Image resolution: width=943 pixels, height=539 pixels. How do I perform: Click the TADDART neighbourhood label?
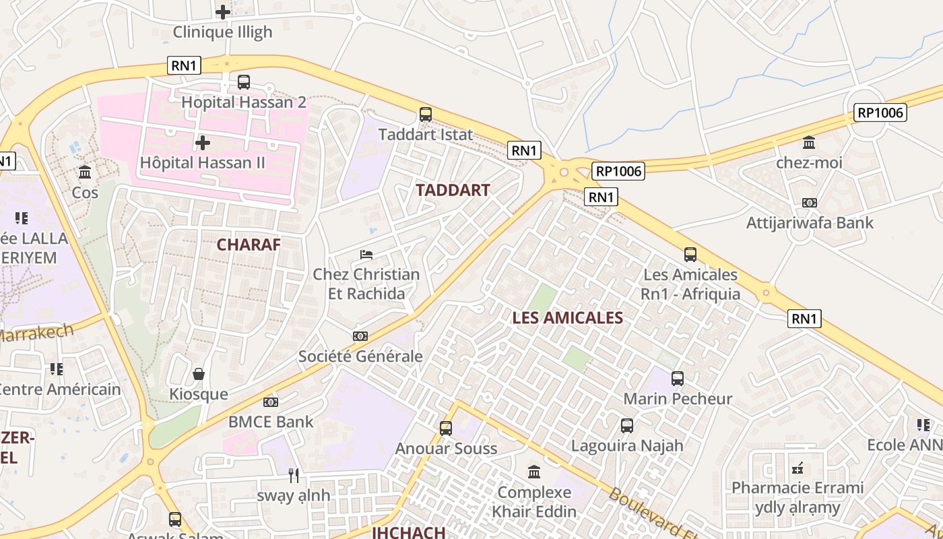[x=453, y=190]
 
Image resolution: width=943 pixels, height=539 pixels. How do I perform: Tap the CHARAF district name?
[x=248, y=245]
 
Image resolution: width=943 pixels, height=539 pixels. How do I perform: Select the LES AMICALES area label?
[x=567, y=318]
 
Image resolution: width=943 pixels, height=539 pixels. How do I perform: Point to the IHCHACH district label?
[x=409, y=532]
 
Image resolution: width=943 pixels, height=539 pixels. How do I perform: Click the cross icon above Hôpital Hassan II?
[x=202, y=143]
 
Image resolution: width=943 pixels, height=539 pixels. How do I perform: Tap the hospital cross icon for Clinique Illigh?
[x=222, y=11]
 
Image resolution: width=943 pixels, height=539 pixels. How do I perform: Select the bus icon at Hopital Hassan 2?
[x=244, y=82]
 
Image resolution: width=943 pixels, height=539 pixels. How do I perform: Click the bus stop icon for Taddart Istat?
[x=426, y=115]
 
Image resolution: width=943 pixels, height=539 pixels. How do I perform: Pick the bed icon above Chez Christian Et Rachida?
[x=366, y=255]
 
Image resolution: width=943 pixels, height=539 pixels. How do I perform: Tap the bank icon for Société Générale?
[x=360, y=336]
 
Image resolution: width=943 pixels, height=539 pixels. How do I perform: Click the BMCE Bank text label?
[x=271, y=422]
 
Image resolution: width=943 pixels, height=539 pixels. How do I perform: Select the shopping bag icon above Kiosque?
[x=199, y=374]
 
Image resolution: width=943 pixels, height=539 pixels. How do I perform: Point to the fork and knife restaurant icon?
[x=294, y=476]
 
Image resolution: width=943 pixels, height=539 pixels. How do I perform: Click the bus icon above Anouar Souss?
[x=446, y=429]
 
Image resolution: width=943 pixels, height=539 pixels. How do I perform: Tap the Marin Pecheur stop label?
[x=677, y=399]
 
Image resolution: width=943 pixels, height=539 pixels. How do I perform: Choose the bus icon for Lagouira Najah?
[x=627, y=426]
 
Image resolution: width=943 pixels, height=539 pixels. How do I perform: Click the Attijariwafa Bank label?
[x=810, y=223]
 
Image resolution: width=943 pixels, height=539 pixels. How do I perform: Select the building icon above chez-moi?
[x=809, y=143]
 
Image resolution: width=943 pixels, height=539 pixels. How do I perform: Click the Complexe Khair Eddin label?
[x=534, y=502]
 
